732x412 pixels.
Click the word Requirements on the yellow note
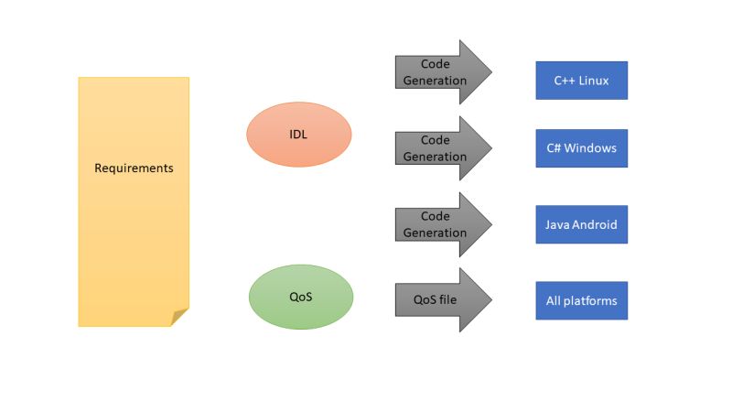click(134, 168)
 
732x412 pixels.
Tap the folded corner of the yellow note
click(180, 317)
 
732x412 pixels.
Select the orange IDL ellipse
click(298, 135)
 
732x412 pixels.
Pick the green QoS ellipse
click(300, 297)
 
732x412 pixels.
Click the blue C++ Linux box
click(581, 81)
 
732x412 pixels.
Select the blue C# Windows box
click(581, 148)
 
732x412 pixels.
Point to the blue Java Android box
click(581, 224)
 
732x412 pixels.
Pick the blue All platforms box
click(581, 300)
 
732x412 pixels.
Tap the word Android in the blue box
click(596, 224)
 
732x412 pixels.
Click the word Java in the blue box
click(559, 224)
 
